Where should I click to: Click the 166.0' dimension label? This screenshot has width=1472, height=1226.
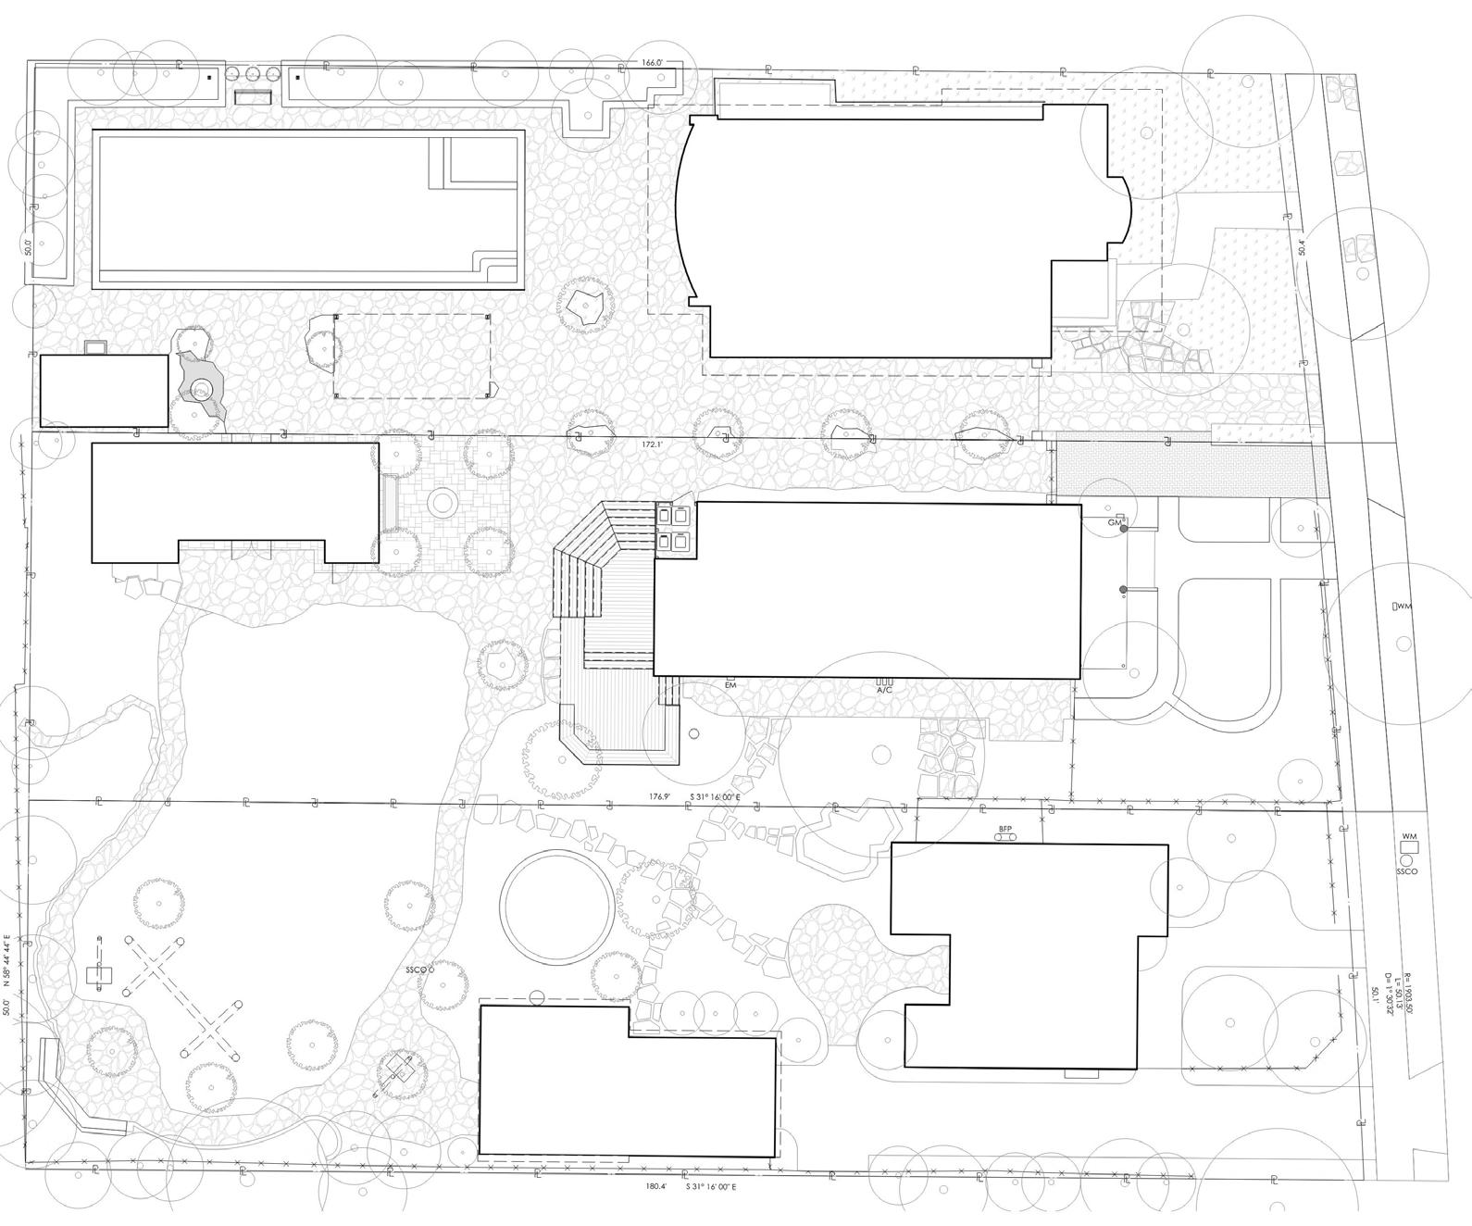click(x=653, y=63)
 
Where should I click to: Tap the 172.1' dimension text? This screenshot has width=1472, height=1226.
click(x=653, y=445)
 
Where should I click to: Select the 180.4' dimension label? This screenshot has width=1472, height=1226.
click(x=656, y=1185)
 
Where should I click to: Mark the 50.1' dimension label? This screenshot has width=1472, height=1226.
click(x=1375, y=995)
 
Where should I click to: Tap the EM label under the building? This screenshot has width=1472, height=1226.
click(x=730, y=684)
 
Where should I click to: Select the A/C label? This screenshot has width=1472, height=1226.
click(x=884, y=690)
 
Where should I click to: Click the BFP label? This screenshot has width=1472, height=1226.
click(x=1005, y=829)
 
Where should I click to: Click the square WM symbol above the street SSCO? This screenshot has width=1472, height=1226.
click(x=1409, y=845)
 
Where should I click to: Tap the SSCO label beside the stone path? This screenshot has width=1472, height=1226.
click(x=418, y=970)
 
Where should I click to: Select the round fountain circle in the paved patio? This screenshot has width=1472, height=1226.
click(x=443, y=503)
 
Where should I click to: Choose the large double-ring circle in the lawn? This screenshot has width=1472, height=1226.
click(x=555, y=904)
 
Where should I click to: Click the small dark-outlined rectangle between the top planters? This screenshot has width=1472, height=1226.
click(x=253, y=96)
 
